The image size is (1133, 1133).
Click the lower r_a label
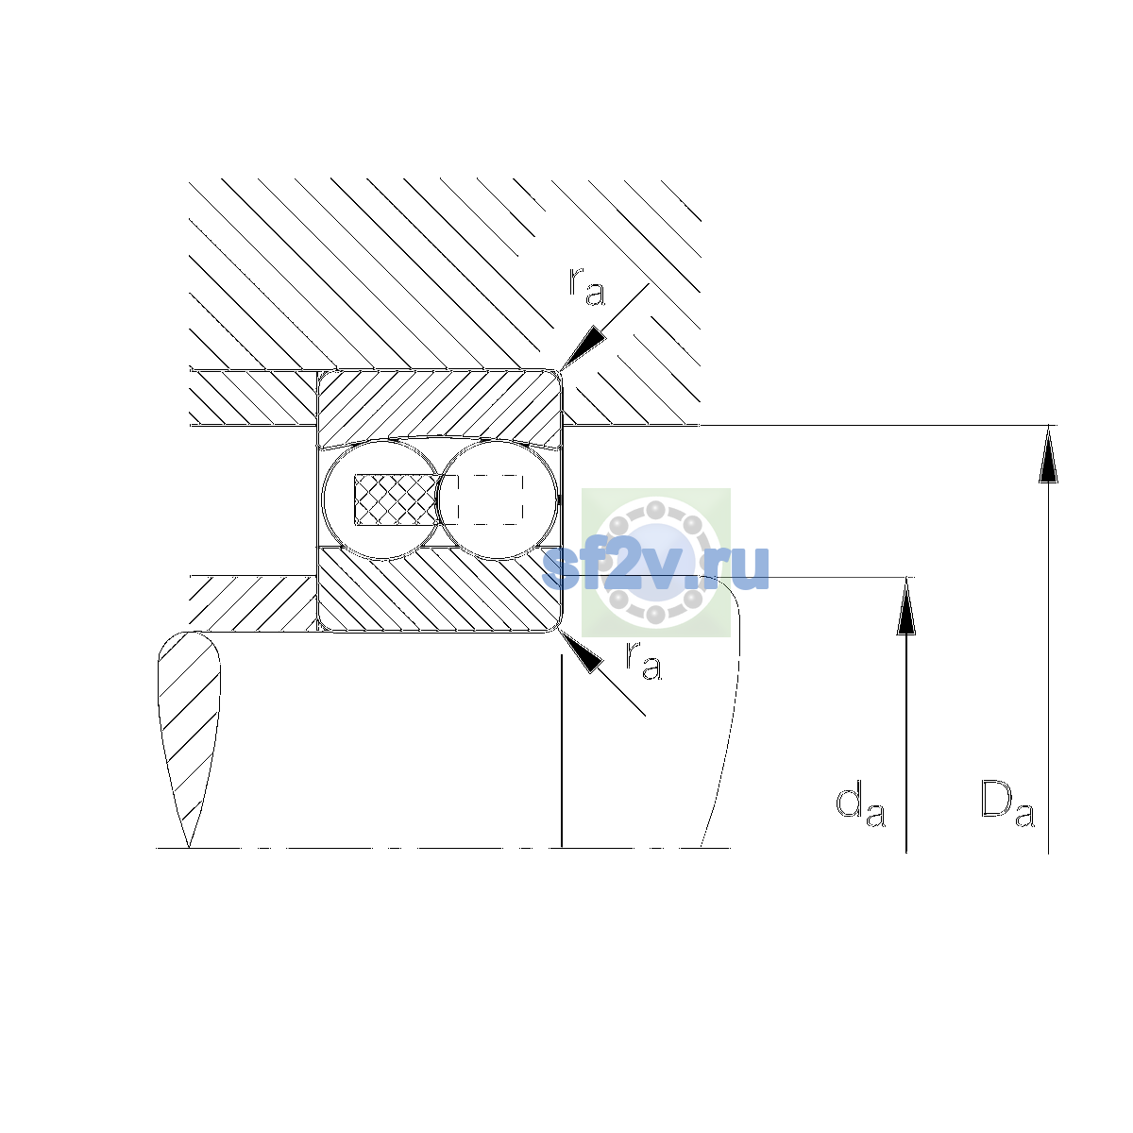point(643,660)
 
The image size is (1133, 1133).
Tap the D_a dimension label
point(1007,803)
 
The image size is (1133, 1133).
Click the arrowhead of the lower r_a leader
point(582,651)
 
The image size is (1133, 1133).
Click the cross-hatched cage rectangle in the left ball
point(397,499)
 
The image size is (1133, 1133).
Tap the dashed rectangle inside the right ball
point(490,499)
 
